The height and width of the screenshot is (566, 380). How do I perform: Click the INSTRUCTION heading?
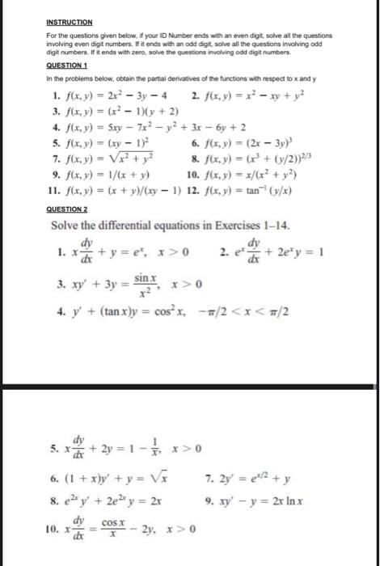coord(70,23)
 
